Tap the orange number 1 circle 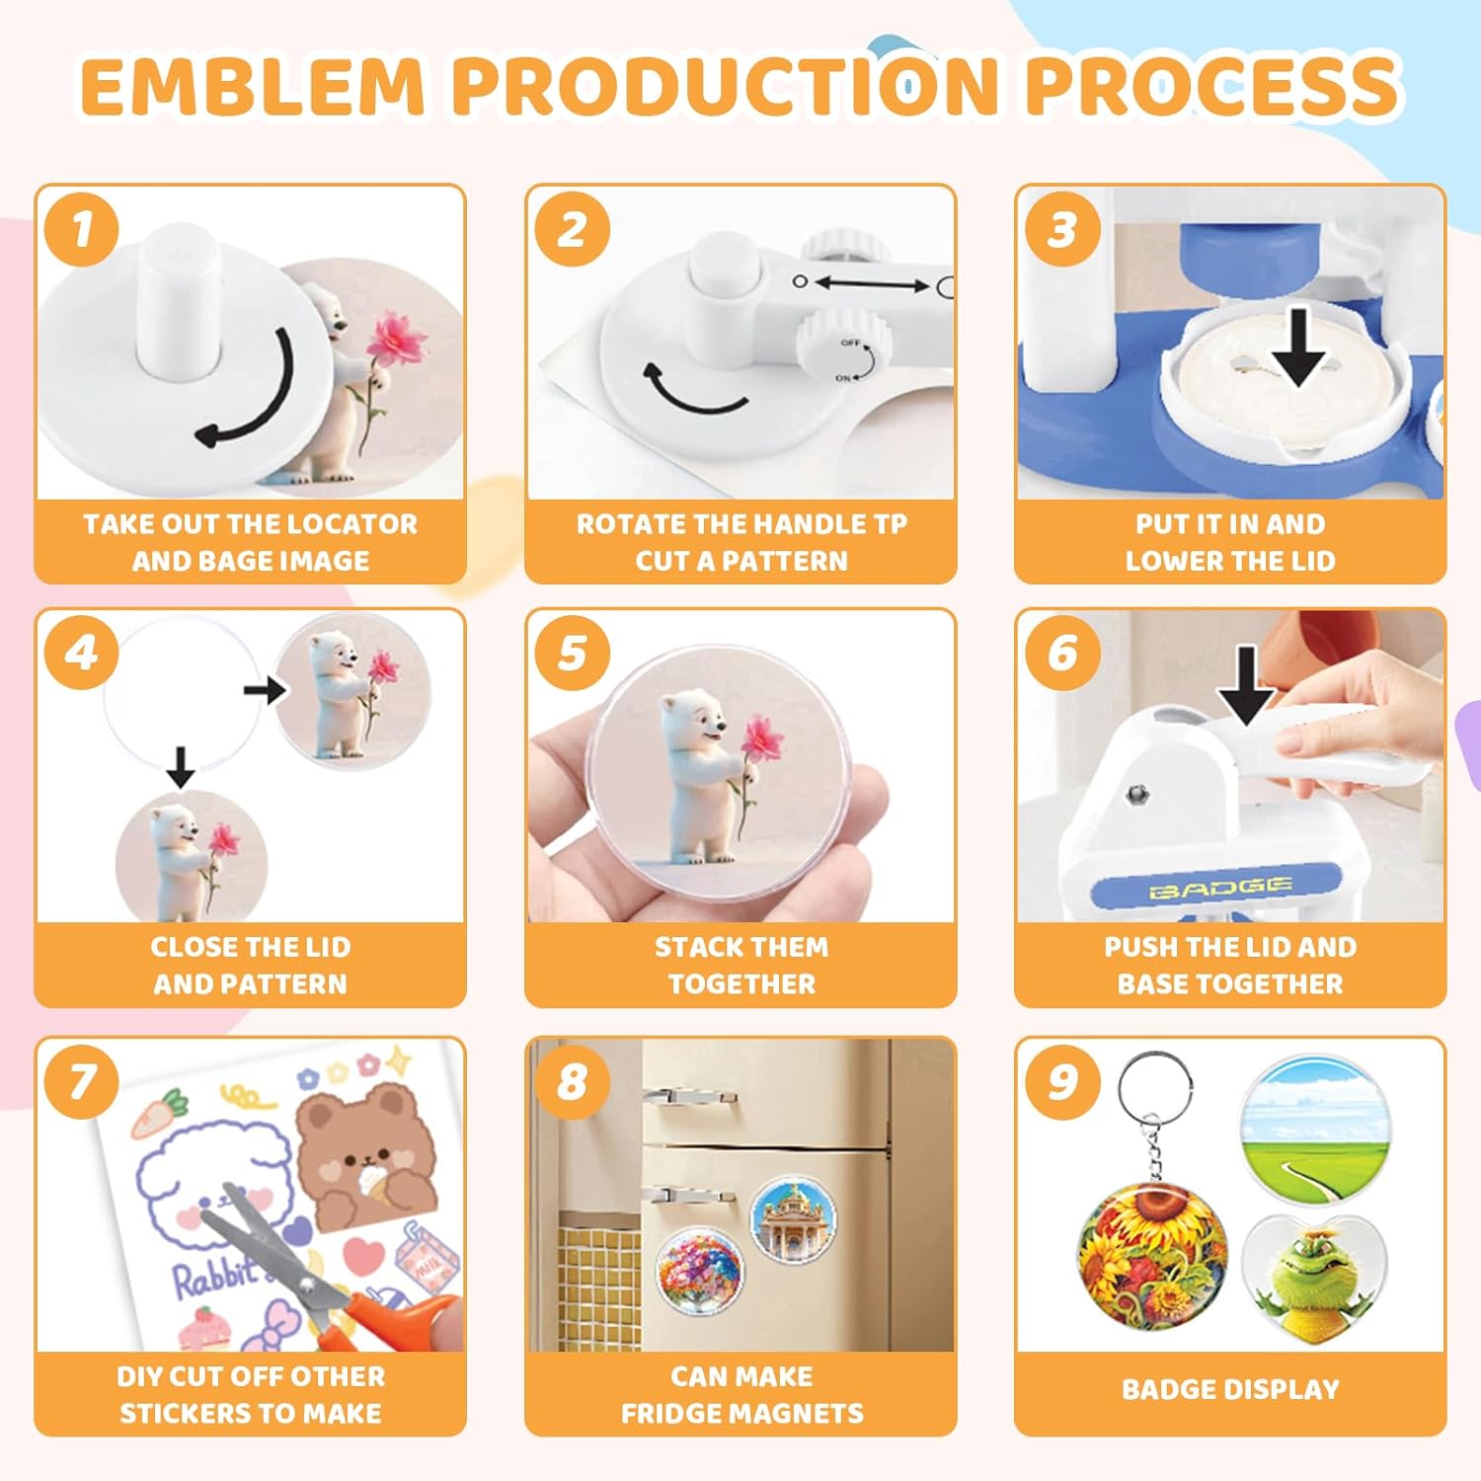(x=82, y=229)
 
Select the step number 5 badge (x=572, y=653)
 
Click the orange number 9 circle (x=1061, y=1081)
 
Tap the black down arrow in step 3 (x=1298, y=348)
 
